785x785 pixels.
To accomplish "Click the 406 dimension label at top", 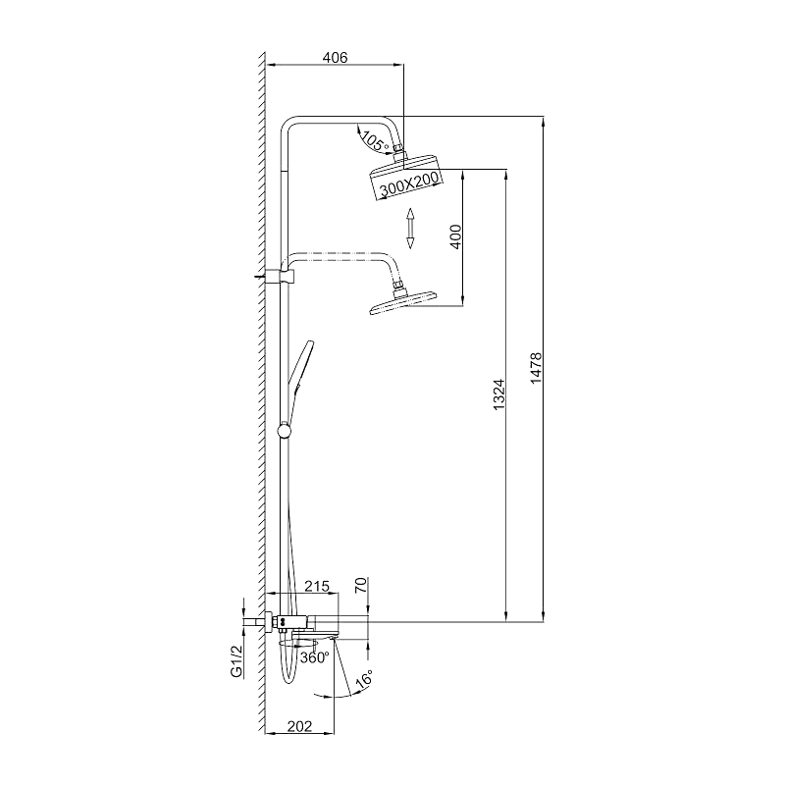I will [336, 58].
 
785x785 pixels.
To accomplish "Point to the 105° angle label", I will [373, 140].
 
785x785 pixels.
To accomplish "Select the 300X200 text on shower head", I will [408, 183].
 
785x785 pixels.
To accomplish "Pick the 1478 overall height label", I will [536, 369].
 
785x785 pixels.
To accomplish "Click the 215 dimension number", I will [316, 586].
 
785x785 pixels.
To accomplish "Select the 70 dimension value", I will [361, 587].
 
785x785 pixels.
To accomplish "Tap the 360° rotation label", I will [314, 657].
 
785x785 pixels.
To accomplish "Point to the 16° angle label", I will [363, 679].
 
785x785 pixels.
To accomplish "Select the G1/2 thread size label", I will [236, 660].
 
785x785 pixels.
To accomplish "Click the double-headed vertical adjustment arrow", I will [411, 229].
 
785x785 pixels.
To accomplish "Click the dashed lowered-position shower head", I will [402, 305].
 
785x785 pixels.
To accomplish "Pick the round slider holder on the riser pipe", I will [286, 429].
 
